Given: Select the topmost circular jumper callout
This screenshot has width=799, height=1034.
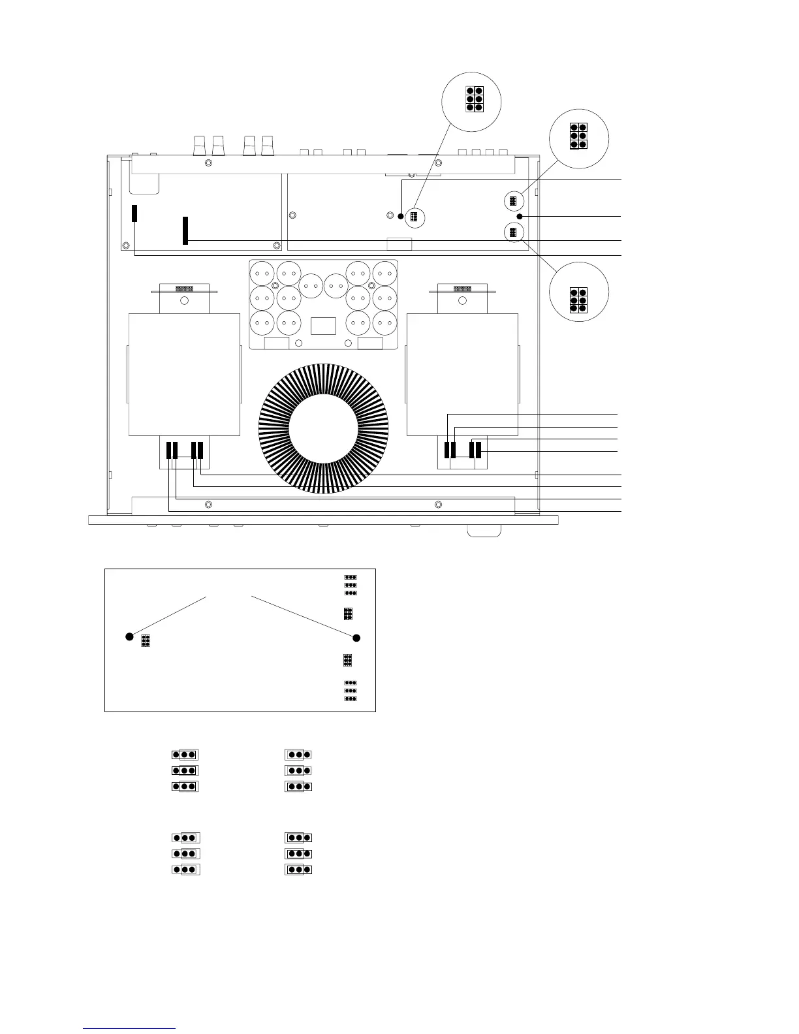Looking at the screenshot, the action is tap(471, 101).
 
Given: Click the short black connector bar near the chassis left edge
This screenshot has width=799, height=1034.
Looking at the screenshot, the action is tap(134, 213).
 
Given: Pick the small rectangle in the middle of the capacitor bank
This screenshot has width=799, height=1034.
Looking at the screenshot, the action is tap(324, 326).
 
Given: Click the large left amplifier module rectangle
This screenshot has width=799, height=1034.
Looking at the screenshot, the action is tap(185, 374).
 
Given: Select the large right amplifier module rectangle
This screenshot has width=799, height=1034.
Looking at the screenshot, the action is tap(462, 374).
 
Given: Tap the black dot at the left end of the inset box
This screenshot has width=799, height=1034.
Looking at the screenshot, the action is tap(129, 636).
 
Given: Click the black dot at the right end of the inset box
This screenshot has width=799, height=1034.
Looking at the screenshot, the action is tap(356, 638).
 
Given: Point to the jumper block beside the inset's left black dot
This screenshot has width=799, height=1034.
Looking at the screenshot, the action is tap(146, 642).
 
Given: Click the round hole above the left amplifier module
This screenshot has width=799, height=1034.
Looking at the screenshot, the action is tap(184, 301).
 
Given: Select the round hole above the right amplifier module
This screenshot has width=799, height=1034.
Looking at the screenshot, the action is tap(463, 301).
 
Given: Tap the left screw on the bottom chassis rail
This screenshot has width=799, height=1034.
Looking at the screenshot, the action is tap(208, 505).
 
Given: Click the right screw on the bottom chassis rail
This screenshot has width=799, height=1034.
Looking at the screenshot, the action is tap(438, 505).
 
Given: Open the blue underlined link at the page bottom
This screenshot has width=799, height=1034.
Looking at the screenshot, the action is tap(129, 1028).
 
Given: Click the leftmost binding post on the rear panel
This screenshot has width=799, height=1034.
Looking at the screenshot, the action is tap(200, 145).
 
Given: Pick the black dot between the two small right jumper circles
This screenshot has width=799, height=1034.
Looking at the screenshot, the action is tap(520, 216).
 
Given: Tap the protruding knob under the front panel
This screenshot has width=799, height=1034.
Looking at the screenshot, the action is tap(484, 531).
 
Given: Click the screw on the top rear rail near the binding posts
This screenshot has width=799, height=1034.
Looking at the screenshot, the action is tap(208, 163).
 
